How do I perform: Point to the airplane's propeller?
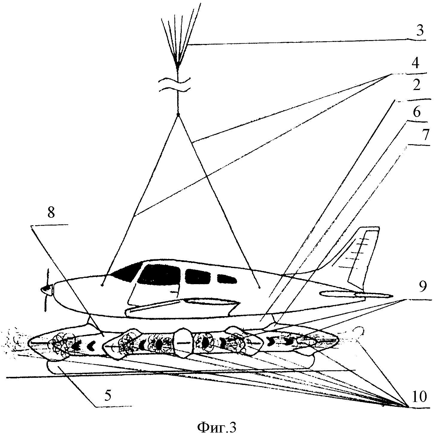[46, 289]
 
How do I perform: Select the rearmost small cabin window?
[226, 279]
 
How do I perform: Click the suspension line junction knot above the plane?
[178, 115]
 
